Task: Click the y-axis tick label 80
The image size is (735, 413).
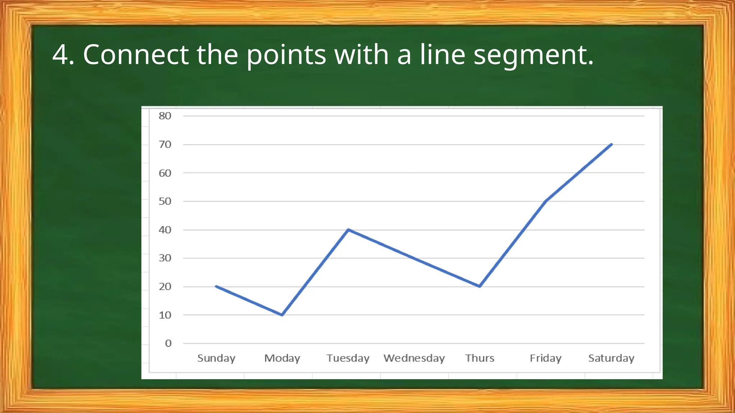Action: click(x=165, y=116)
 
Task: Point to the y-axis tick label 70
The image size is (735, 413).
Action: click(x=165, y=144)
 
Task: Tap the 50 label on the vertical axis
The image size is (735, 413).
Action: click(x=165, y=201)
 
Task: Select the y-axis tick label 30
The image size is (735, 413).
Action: click(x=165, y=258)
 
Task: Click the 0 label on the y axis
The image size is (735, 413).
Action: click(x=168, y=343)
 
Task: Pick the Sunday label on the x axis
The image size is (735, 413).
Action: click(x=216, y=358)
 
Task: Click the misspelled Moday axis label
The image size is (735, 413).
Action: click(x=282, y=358)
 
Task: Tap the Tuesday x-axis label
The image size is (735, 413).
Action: click(x=348, y=358)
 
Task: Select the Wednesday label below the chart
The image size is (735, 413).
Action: click(x=414, y=358)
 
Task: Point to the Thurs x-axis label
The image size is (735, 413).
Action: click(x=479, y=358)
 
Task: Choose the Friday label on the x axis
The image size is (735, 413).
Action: click(x=546, y=358)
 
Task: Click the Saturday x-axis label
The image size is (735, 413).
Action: click(x=611, y=358)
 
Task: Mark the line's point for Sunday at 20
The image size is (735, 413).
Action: click(x=216, y=286)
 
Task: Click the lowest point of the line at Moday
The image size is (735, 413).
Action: click(x=282, y=315)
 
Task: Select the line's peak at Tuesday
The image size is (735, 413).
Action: click(x=348, y=230)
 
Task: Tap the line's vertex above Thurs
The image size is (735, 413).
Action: click(x=479, y=286)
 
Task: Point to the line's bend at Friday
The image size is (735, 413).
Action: click(x=546, y=201)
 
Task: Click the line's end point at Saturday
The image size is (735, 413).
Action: click(x=611, y=144)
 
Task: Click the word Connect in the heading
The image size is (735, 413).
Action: click(x=136, y=54)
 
